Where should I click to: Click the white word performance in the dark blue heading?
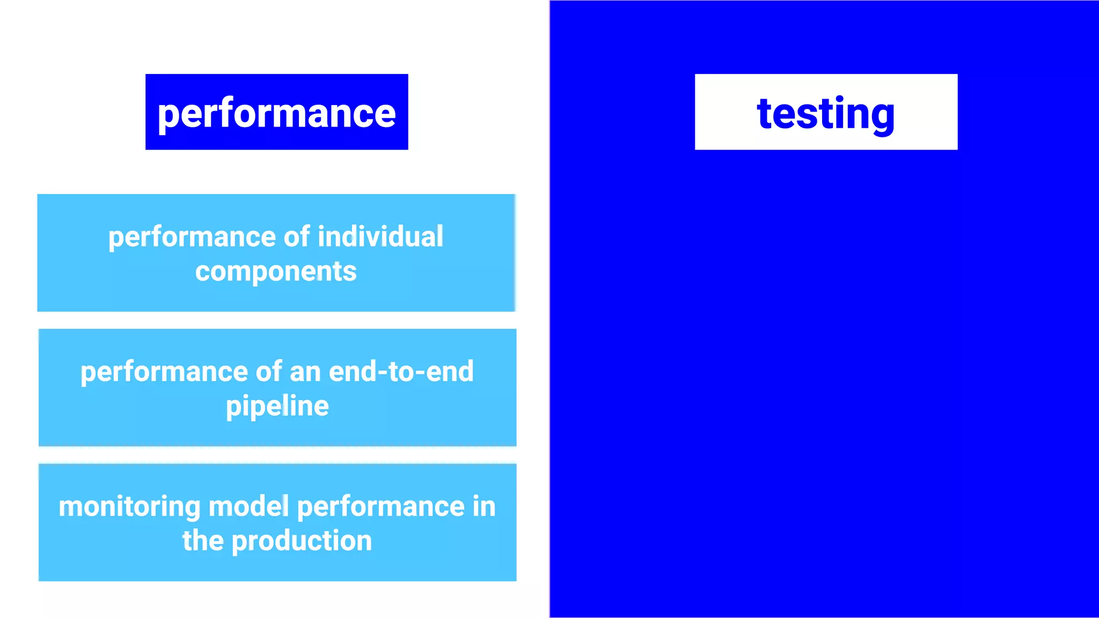click(276, 113)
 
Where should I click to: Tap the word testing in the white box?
click(826, 113)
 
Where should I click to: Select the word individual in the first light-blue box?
click(380, 237)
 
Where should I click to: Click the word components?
click(276, 271)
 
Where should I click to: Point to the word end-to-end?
click(401, 371)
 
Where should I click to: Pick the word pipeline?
click(277, 406)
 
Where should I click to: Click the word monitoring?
click(129, 507)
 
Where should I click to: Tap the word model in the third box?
click(248, 506)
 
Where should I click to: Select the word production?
click(302, 541)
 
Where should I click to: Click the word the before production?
click(202, 541)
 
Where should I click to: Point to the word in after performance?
click(484, 506)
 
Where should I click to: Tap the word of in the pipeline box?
click(269, 371)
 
